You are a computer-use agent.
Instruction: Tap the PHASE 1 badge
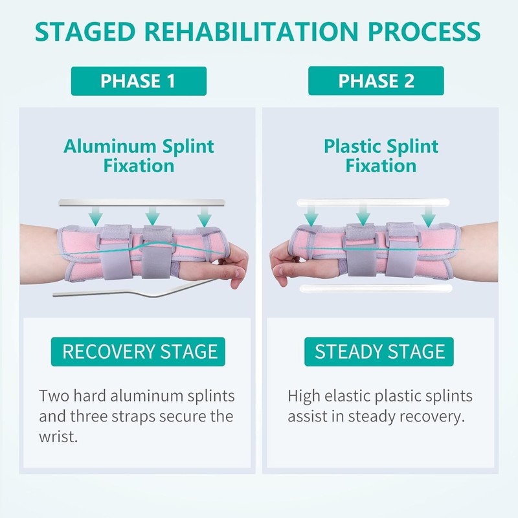[x=138, y=81]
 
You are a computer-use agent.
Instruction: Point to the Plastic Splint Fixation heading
[x=381, y=155]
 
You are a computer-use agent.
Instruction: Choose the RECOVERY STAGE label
[x=139, y=352]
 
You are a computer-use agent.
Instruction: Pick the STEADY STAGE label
[x=380, y=352]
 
